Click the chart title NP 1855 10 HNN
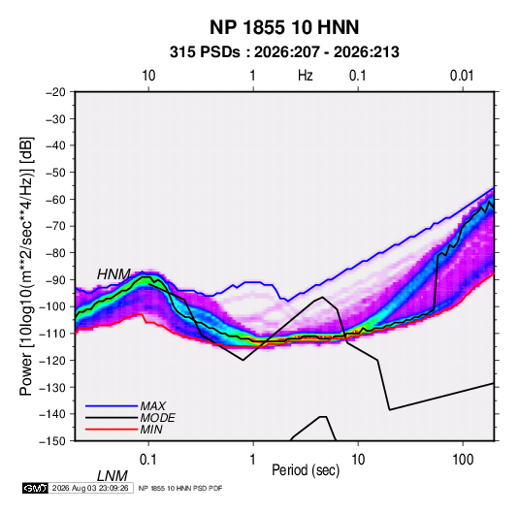click(284, 27)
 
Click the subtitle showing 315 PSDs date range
click(284, 52)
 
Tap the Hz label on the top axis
click(306, 76)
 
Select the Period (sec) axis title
click(306, 470)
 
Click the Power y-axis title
click(26, 267)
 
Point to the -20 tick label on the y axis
click(55, 92)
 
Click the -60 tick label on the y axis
click(55, 199)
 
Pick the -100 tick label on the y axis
click(53, 306)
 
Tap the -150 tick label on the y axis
click(53, 441)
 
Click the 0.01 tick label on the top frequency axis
click(462, 76)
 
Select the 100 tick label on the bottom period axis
click(463, 460)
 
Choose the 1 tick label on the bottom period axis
click(253, 460)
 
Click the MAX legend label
click(152, 405)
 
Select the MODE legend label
click(157, 418)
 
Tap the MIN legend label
click(151, 430)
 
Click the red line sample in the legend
click(112, 430)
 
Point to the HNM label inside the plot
click(114, 274)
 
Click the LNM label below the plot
click(112, 476)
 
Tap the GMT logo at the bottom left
click(36, 488)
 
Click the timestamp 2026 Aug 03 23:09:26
click(90, 488)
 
